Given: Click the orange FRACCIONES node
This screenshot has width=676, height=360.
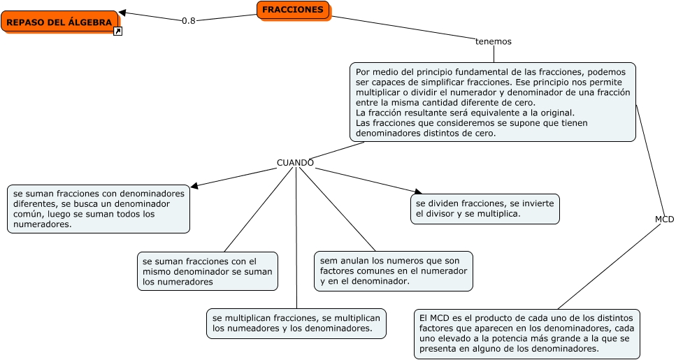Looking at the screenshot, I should click(x=293, y=10).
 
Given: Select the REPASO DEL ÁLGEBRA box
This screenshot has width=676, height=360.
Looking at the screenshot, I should click(x=59, y=22).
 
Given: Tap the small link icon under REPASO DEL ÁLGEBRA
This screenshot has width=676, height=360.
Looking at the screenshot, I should click(x=117, y=31).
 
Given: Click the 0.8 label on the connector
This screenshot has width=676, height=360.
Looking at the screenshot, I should click(x=189, y=21).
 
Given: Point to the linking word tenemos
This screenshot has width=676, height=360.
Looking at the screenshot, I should click(x=494, y=41).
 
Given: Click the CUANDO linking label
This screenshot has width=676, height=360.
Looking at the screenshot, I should click(x=295, y=163).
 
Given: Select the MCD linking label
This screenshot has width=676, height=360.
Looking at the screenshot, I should click(x=664, y=219).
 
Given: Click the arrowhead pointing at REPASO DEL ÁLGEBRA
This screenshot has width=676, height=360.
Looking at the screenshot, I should click(x=123, y=13).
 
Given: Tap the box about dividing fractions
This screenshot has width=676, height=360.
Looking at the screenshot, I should click(x=485, y=208).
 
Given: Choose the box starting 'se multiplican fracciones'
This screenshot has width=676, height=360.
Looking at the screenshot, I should click(x=296, y=323).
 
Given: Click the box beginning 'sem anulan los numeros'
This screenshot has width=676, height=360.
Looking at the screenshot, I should click(x=394, y=271).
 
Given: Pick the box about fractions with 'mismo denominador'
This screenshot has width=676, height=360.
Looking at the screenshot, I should click(x=208, y=271).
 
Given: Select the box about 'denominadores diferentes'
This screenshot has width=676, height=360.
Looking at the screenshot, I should click(x=99, y=208).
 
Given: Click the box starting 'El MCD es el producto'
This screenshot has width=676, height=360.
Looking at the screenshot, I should click(x=526, y=333).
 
